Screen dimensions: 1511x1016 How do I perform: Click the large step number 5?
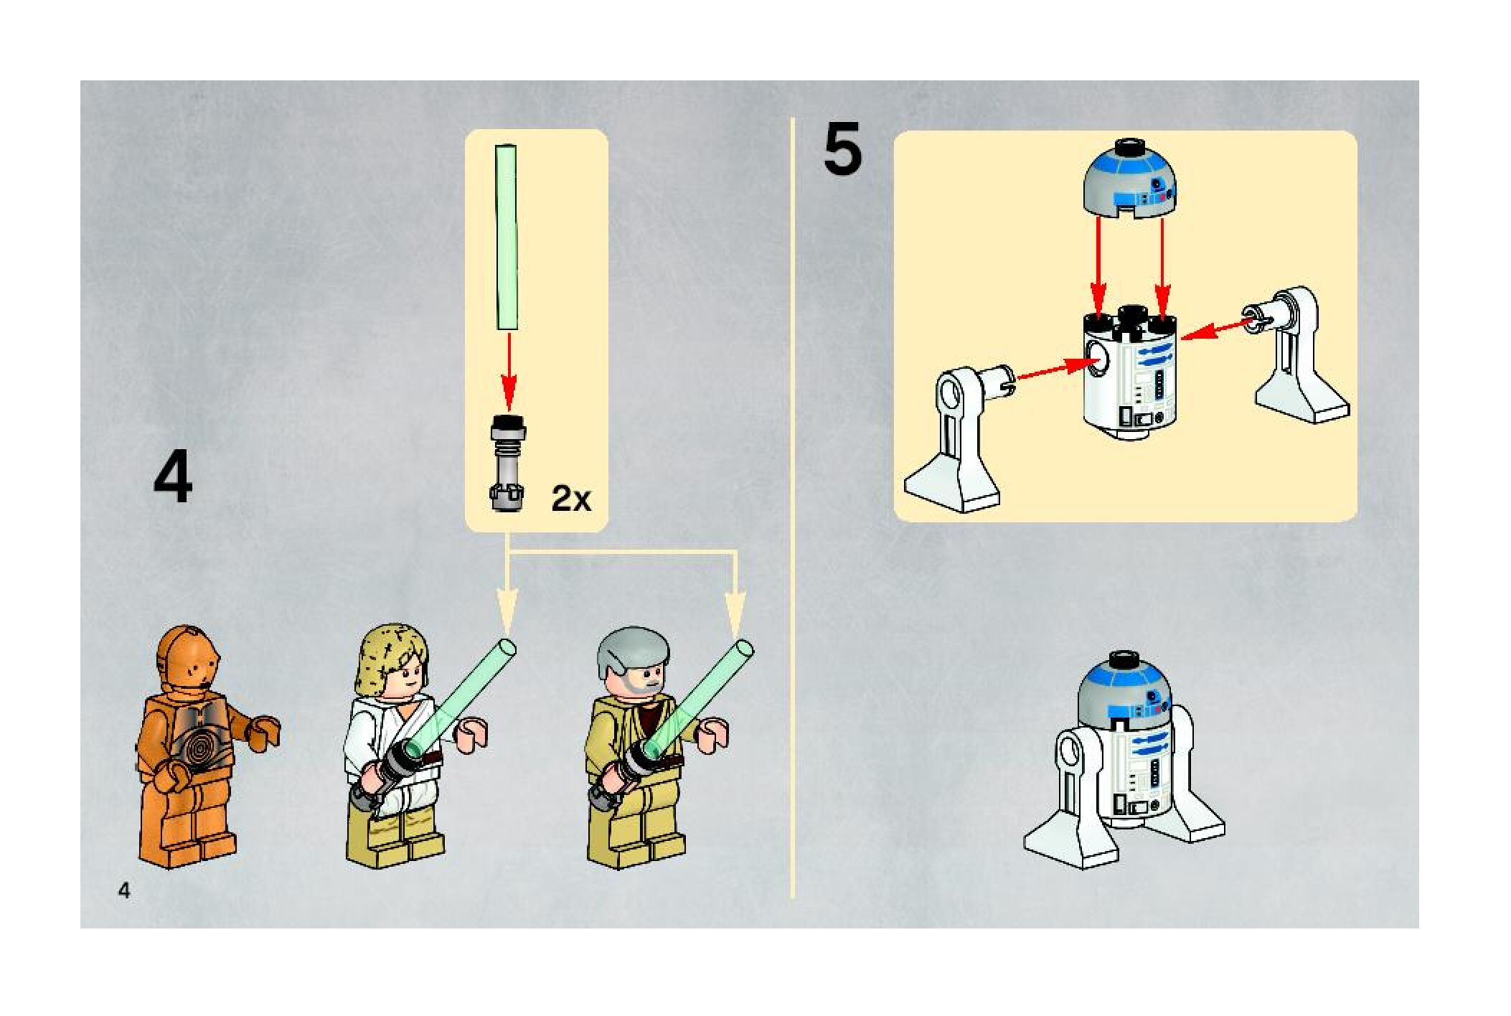click(842, 149)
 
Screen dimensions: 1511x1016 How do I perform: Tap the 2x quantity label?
click(571, 499)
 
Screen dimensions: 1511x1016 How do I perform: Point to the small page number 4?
click(125, 891)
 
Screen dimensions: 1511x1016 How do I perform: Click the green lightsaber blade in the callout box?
click(507, 237)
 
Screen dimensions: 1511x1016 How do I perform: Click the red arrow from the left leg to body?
click(1055, 370)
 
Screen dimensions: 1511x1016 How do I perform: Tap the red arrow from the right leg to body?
click(1220, 329)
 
